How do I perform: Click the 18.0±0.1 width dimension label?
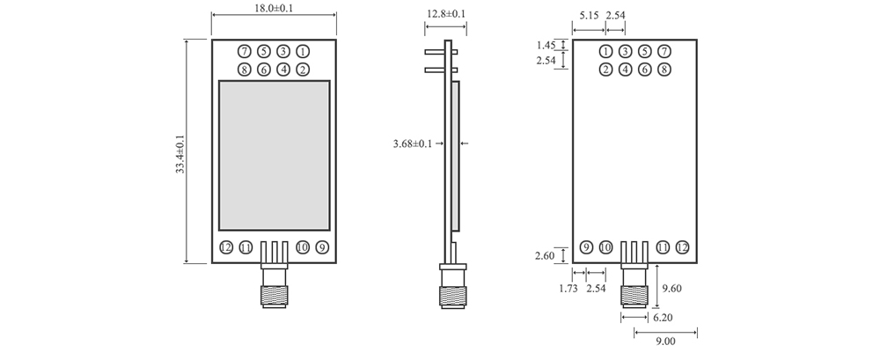pyautogui.click(x=274, y=8)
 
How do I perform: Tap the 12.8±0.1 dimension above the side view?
pyautogui.click(x=446, y=14)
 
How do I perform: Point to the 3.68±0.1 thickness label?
pyautogui.click(x=412, y=143)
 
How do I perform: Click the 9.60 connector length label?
pyautogui.click(x=671, y=288)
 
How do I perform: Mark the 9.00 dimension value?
pyautogui.click(x=664, y=344)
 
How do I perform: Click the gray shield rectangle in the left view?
pyautogui.click(x=274, y=154)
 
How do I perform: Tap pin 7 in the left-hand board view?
pyautogui.click(x=244, y=52)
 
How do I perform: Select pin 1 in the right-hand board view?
pyautogui.click(x=605, y=52)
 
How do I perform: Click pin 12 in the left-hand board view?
pyautogui.click(x=226, y=247)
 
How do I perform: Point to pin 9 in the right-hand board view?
pyautogui.click(x=587, y=247)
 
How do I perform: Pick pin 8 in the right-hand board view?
pyautogui.click(x=664, y=70)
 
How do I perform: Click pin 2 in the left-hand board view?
pyautogui.click(x=302, y=70)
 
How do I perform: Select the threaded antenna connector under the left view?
pyautogui.click(x=274, y=288)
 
